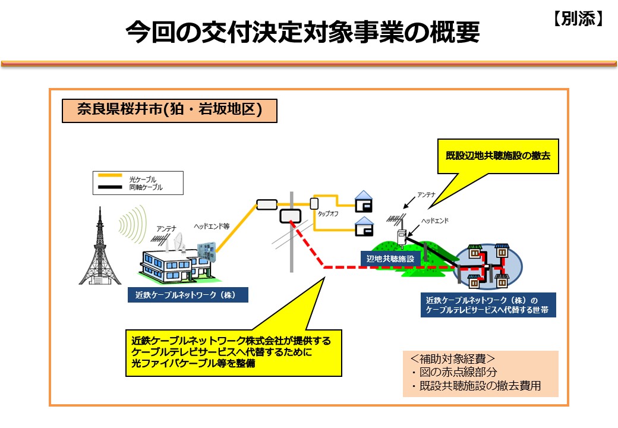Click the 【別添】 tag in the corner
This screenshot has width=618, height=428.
click(578, 18)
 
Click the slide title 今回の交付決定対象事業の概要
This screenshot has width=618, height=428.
click(302, 32)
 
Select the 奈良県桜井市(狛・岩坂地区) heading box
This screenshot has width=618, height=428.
click(169, 111)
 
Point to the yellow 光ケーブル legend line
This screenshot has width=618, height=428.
click(110, 175)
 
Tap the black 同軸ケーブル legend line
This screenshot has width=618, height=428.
click(110, 187)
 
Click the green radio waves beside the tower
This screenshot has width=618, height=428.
click(133, 224)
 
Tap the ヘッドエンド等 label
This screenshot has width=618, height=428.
click(212, 226)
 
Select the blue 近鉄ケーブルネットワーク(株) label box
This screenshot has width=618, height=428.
click(188, 295)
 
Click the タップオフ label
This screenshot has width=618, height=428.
click(328, 213)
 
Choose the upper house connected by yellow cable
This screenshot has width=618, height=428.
click(364, 202)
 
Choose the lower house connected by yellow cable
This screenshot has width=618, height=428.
click(364, 226)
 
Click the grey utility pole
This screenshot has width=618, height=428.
click(292, 232)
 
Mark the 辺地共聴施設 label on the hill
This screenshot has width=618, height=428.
click(390, 259)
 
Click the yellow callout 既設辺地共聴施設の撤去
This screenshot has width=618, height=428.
click(498, 156)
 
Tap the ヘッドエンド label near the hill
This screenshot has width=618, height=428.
click(435, 221)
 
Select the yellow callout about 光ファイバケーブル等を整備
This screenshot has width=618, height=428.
click(234, 353)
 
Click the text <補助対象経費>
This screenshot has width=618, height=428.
click(452, 358)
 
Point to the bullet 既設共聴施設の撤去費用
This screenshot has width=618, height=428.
click(476, 385)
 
